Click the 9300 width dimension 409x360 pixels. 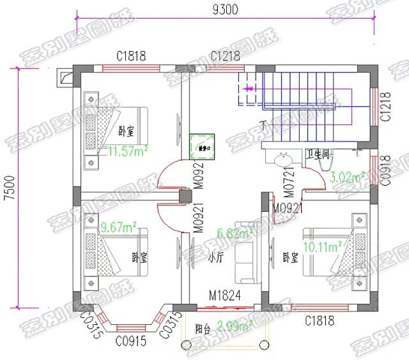pos(222,10)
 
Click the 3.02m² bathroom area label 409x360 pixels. pos(346,176)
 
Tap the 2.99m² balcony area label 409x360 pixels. pos(235,327)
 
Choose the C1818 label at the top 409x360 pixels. pos(131,56)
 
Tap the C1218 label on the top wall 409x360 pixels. pos(225,56)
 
